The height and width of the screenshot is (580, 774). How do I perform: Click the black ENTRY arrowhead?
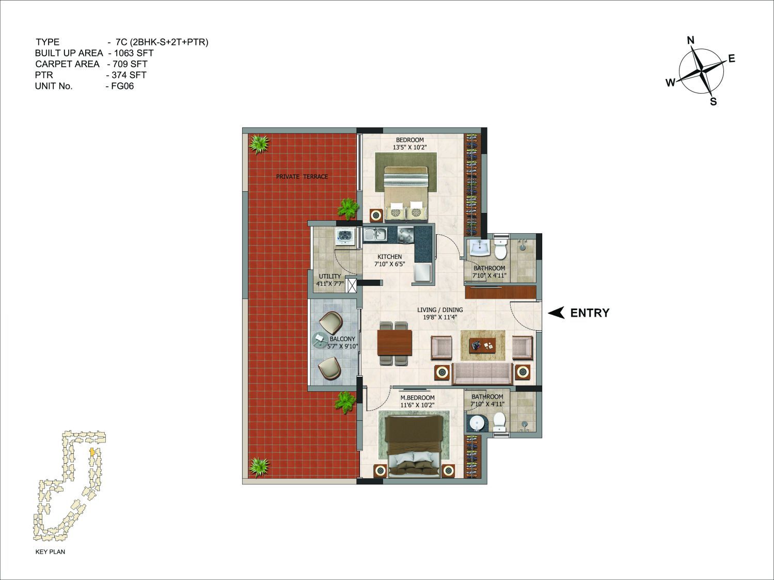[x=556, y=312]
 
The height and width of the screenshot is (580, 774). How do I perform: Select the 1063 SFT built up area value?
[x=134, y=53]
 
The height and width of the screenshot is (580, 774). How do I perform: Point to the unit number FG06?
[x=122, y=86]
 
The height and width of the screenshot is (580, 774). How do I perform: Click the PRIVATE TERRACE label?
[x=302, y=176]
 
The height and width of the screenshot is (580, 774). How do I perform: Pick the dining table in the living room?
[x=394, y=342]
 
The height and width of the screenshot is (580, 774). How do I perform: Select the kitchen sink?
[x=376, y=234]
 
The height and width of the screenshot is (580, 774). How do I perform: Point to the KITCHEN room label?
[x=390, y=256]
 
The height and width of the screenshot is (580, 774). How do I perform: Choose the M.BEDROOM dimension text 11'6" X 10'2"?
[x=418, y=405]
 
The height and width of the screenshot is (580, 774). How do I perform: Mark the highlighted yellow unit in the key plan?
[x=92, y=451]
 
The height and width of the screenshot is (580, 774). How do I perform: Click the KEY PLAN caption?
[x=51, y=552]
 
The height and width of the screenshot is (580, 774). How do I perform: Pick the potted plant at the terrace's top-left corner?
[x=259, y=144]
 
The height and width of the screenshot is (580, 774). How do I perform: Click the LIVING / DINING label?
[x=440, y=310]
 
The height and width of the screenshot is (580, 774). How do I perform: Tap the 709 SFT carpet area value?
[x=130, y=64]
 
